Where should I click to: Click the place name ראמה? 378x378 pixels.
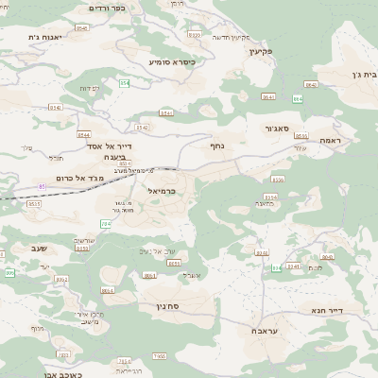[330, 140]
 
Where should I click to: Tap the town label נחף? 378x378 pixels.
[216, 146]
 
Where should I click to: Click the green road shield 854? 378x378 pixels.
[124, 84]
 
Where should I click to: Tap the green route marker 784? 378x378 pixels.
[105, 224]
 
